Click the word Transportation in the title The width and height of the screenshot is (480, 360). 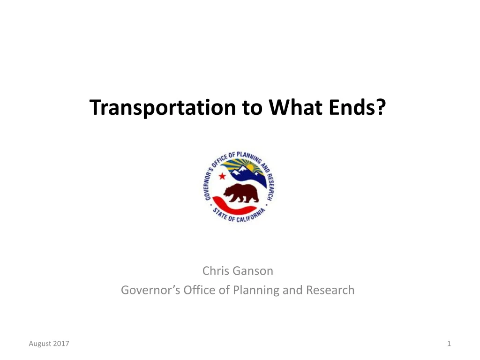pos(163,107)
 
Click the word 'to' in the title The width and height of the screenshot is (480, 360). pos(252,108)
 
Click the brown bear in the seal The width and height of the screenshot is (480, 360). pos(241,193)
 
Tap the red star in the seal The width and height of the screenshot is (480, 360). pos(222,176)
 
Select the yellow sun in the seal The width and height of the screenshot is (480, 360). pos(250,167)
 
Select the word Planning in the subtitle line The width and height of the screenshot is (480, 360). pos(256,291)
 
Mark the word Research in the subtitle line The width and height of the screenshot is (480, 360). pos(330,290)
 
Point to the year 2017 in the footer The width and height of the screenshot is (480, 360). pos(61,344)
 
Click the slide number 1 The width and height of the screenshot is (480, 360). pos(449,344)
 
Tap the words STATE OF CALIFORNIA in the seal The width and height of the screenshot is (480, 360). pos(238,217)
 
